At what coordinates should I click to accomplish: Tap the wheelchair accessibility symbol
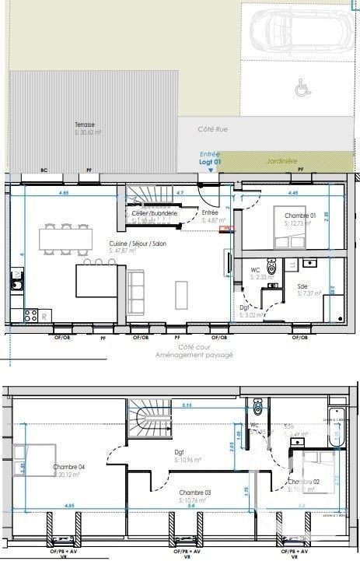[x=300, y=89]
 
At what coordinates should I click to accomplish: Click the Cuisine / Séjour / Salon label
[x=137, y=243]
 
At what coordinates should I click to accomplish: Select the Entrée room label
[x=210, y=212]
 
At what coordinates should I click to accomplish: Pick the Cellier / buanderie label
[x=155, y=213]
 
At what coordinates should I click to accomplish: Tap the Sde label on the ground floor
[x=302, y=286]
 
